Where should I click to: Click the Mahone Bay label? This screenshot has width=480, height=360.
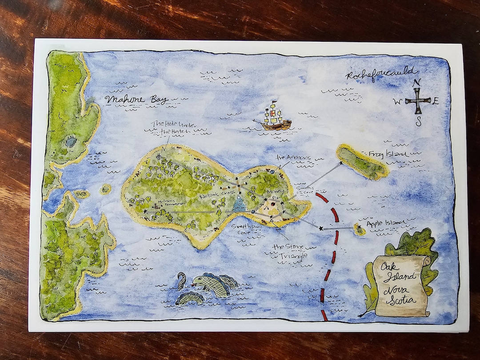click(x=137, y=99)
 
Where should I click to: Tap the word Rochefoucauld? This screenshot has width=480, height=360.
click(x=381, y=74)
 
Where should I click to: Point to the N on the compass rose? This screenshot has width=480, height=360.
click(x=416, y=83)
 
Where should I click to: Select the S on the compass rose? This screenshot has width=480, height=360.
click(x=418, y=122)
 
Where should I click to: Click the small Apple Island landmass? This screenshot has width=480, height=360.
click(x=359, y=229)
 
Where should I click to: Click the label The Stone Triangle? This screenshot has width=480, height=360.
click(x=288, y=251)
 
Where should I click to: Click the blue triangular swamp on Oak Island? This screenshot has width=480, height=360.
click(x=240, y=205)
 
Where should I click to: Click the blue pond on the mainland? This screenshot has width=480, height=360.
click(x=71, y=142)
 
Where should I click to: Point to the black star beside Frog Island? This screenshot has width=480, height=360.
click(x=341, y=164)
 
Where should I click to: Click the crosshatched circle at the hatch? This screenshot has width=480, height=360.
click(x=161, y=156)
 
